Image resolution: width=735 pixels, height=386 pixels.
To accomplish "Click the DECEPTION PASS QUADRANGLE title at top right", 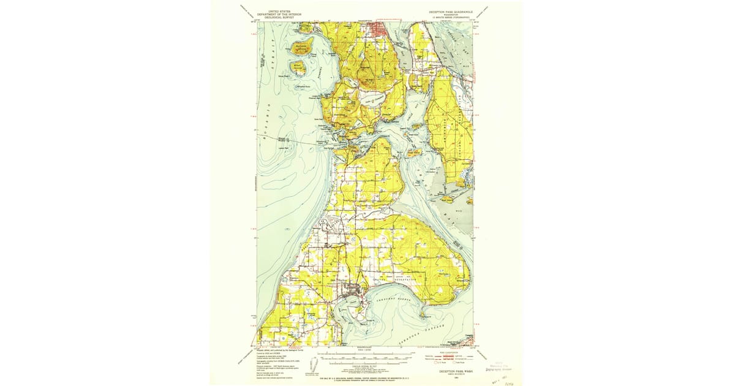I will pos(450,12).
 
